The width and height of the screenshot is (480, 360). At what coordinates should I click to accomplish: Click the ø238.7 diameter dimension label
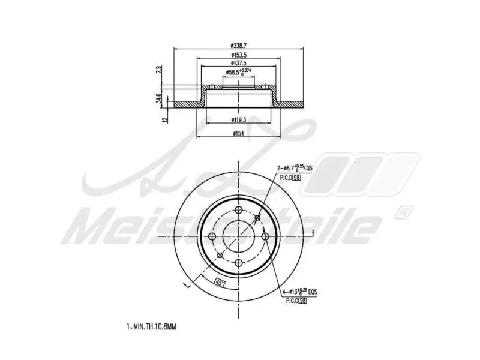pyautogui.click(x=239, y=45)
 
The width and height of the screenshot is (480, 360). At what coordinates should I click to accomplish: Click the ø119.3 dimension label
pyautogui.click(x=239, y=119)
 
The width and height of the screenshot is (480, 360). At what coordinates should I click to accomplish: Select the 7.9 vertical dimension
pyautogui.click(x=159, y=69)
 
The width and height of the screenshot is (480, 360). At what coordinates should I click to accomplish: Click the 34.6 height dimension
pyautogui.click(x=159, y=98)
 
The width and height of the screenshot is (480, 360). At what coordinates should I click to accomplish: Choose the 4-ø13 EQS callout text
pyautogui.click(x=300, y=292)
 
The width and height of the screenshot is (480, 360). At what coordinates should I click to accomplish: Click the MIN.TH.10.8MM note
pyautogui.click(x=151, y=327)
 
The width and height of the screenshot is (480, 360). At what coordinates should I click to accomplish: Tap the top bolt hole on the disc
pyautogui.click(x=239, y=210)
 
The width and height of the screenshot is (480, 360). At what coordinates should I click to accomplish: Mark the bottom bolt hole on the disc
pyautogui.click(x=239, y=263)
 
